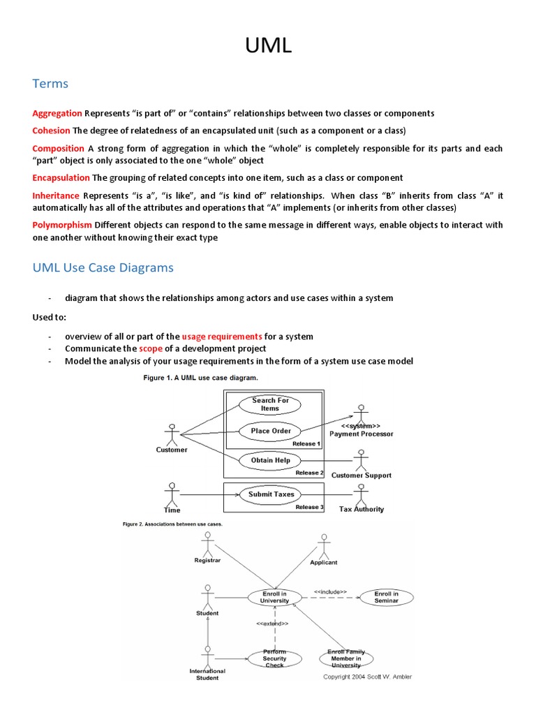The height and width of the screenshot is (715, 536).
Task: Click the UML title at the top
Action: [268, 46]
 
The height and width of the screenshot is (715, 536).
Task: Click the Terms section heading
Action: [50, 84]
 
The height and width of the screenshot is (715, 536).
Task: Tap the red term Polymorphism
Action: [62, 224]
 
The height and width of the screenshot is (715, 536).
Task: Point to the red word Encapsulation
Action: [61, 177]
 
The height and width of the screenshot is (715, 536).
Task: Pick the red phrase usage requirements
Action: [221, 336]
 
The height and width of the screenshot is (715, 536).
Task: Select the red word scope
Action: [150, 348]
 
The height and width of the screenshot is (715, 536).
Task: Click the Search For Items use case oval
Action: [270, 404]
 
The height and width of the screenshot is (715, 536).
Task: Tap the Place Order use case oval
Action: [270, 431]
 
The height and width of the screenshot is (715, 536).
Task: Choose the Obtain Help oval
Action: [270, 460]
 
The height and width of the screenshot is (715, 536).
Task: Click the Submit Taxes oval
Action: [271, 494]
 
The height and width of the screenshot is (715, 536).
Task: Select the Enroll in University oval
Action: [274, 597]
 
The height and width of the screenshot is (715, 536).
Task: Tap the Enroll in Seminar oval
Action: [386, 597]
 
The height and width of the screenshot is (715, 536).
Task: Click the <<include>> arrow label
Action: [329, 591]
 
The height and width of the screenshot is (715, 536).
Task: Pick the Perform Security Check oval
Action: [274, 658]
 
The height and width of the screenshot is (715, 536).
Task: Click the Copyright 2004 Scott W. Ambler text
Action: [367, 676]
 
